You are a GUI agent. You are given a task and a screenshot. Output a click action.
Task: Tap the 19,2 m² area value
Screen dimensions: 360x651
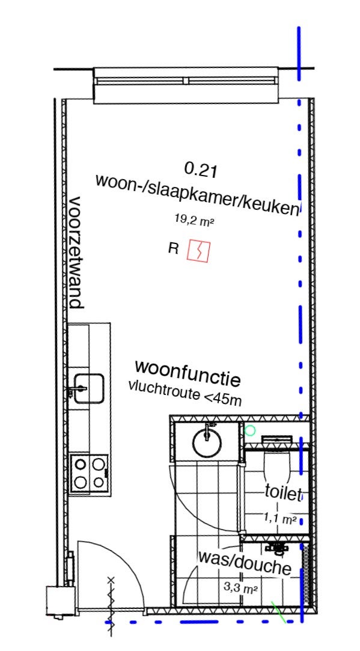point(194,220)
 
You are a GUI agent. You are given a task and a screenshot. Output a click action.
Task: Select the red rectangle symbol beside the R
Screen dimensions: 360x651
point(198,251)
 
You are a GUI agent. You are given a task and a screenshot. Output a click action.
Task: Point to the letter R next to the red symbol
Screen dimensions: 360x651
point(173,248)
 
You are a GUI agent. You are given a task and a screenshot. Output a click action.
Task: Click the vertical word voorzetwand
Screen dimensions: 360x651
point(76,252)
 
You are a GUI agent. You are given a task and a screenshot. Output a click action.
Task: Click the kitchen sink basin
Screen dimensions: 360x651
point(89,388)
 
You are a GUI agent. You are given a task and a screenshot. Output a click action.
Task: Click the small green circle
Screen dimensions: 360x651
point(249,430)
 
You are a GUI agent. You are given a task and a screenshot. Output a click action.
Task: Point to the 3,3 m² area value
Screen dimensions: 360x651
point(241,587)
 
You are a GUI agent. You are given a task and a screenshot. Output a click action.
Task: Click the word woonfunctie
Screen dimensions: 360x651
point(188,372)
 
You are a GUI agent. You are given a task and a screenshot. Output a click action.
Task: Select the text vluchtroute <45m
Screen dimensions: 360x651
point(185,393)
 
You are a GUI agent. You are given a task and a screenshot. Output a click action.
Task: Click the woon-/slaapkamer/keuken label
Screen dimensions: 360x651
point(197,195)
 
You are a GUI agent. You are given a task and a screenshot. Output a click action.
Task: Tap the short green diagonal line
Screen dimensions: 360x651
point(278,611)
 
